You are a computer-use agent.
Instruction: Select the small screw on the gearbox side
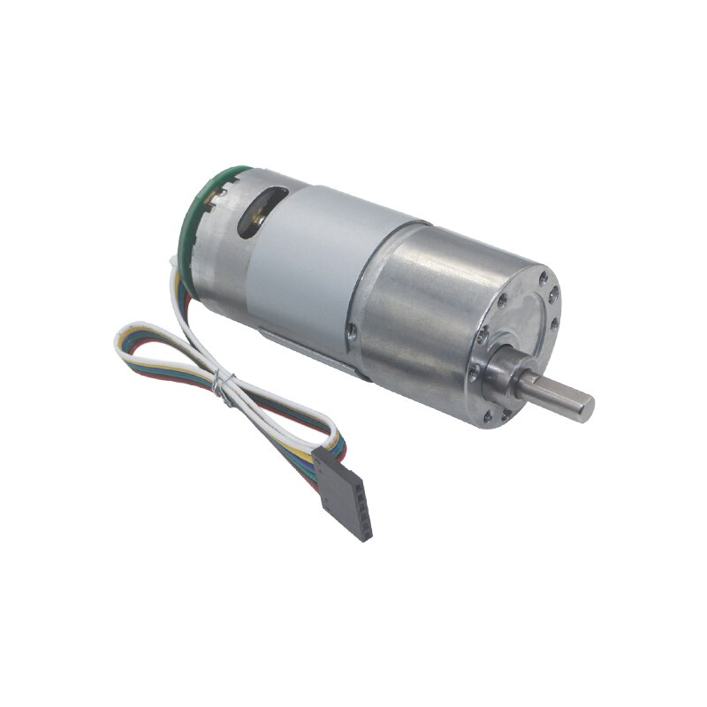click(352, 333)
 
